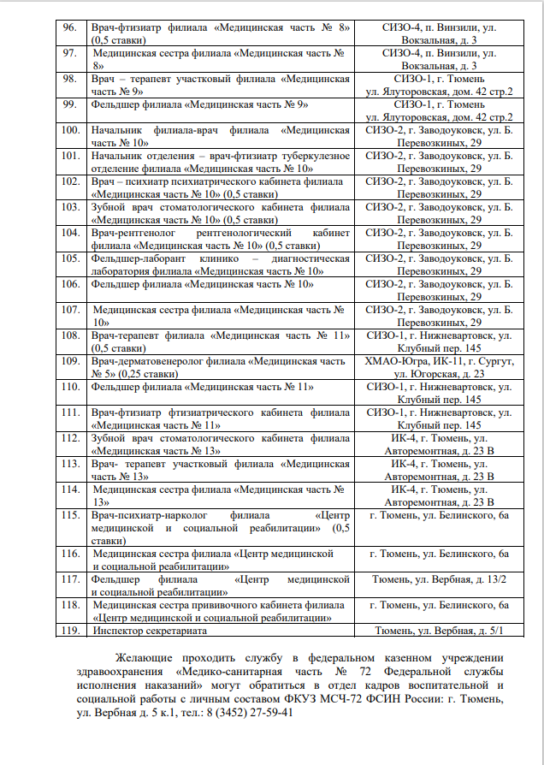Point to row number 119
pyautogui.click(x=72, y=631)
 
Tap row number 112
pyautogui.click(x=72, y=438)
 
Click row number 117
pyautogui.click(x=72, y=580)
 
